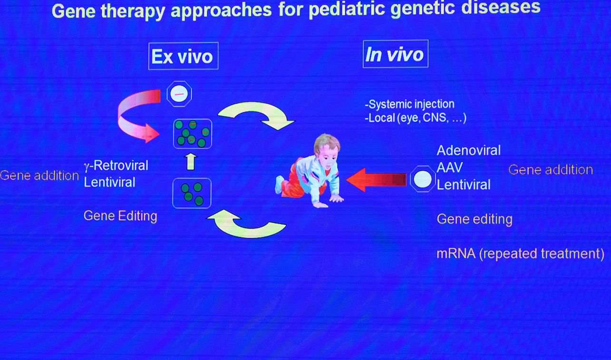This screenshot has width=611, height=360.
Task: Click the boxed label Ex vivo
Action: point(184,56)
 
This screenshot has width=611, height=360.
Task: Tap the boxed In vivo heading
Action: point(396,54)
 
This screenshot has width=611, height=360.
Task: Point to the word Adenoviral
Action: point(469,151)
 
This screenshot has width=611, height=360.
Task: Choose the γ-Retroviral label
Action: point(116,165)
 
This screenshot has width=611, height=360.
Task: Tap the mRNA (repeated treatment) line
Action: point(521,253)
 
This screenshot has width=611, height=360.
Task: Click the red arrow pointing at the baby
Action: point(377,180)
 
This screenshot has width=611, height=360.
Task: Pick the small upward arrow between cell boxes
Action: point(191,162)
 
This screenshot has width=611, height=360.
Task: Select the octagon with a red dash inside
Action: point(179,94)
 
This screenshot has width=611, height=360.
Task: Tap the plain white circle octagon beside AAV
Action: point(423,179)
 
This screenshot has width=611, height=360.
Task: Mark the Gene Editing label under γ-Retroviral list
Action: point(120,216)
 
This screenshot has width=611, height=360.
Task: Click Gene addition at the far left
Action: point(39,175)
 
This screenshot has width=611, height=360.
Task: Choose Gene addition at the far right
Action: point(551,170)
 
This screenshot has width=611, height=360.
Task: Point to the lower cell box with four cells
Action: point(192,193)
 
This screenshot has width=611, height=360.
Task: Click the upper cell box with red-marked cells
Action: point(193,134)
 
